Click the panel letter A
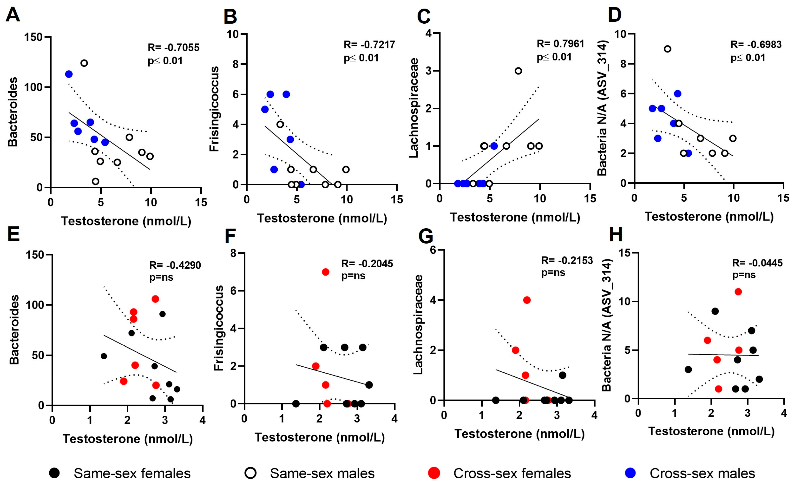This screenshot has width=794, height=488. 13,14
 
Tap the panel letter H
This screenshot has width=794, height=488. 616,235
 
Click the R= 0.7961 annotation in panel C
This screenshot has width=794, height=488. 560,44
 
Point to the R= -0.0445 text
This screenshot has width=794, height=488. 757,263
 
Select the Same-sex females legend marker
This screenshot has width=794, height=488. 54,473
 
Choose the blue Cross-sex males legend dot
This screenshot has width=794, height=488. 630,473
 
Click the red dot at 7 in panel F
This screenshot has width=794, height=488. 326,272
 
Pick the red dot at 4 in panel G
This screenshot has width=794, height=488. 527,300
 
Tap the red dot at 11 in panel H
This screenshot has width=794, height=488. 738,292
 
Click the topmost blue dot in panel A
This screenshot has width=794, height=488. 69,74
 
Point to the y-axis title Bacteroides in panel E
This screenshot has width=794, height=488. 14,330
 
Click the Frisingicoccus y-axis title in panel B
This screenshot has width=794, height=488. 214,109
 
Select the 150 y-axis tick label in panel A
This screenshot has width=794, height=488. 33,37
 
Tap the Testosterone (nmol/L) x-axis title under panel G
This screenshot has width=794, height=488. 519,434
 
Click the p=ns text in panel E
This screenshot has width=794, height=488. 161,277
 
